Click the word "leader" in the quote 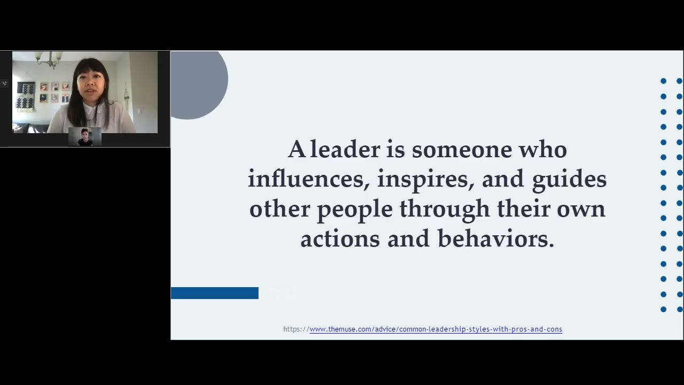click(x=345, y=149)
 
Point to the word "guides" click(x=569, y=179)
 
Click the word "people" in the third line click(x=355, y=209)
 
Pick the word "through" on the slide click(x=445, y=209)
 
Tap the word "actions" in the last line click(x=340, y=239)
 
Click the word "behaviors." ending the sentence click(x=496, y=239)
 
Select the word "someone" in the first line click(x=462, y=149)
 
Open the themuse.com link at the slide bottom click(x=436, y=329)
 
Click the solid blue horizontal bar click(x=214, y=293)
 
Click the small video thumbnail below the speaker click(x=85, y=137)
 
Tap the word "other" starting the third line click(x=279, y=209)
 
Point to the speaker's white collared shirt click(x=102, y=120)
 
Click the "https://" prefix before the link click(x=296, y=329)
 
